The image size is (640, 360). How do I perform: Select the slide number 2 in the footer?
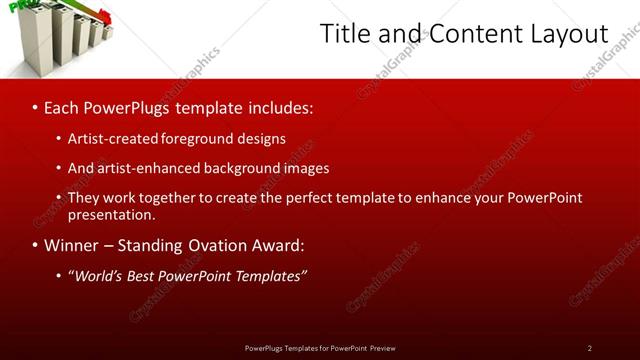point(589,348)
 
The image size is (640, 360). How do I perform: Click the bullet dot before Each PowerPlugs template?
point(36,106)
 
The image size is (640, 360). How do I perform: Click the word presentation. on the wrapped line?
point(112,214)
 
